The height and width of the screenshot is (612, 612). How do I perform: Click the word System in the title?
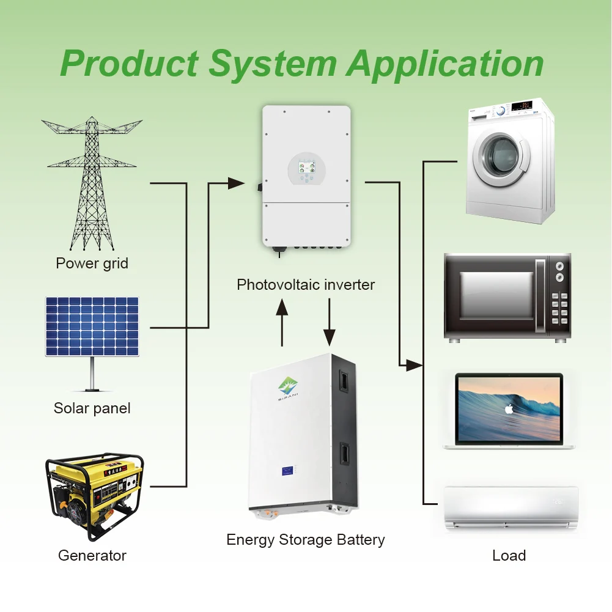point(272,64)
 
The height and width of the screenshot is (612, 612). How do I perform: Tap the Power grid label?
point(92,264)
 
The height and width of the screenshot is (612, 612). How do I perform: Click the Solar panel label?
point(92,408)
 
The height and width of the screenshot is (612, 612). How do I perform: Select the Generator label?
point(92,555)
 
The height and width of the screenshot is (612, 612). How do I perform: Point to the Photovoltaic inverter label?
point(306,284)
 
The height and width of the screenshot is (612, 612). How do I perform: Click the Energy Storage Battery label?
point(306,540)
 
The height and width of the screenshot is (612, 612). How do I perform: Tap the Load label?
point(509,555)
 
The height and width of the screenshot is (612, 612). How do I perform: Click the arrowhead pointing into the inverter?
point(236,183)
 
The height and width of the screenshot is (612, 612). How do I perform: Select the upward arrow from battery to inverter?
point(282,322)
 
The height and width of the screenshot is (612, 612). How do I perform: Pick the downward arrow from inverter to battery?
point(330,322)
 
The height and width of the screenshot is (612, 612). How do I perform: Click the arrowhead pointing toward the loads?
point(415,366)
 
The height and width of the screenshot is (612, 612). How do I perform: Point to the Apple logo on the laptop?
point(509,409)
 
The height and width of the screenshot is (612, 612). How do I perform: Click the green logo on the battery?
point(288,386)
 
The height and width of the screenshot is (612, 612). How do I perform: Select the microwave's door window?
point(496,295)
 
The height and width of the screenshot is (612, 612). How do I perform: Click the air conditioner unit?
point(511,507)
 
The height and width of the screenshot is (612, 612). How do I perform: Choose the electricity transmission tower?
point(92,183)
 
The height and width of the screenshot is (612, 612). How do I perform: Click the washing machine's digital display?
point(522,106)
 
